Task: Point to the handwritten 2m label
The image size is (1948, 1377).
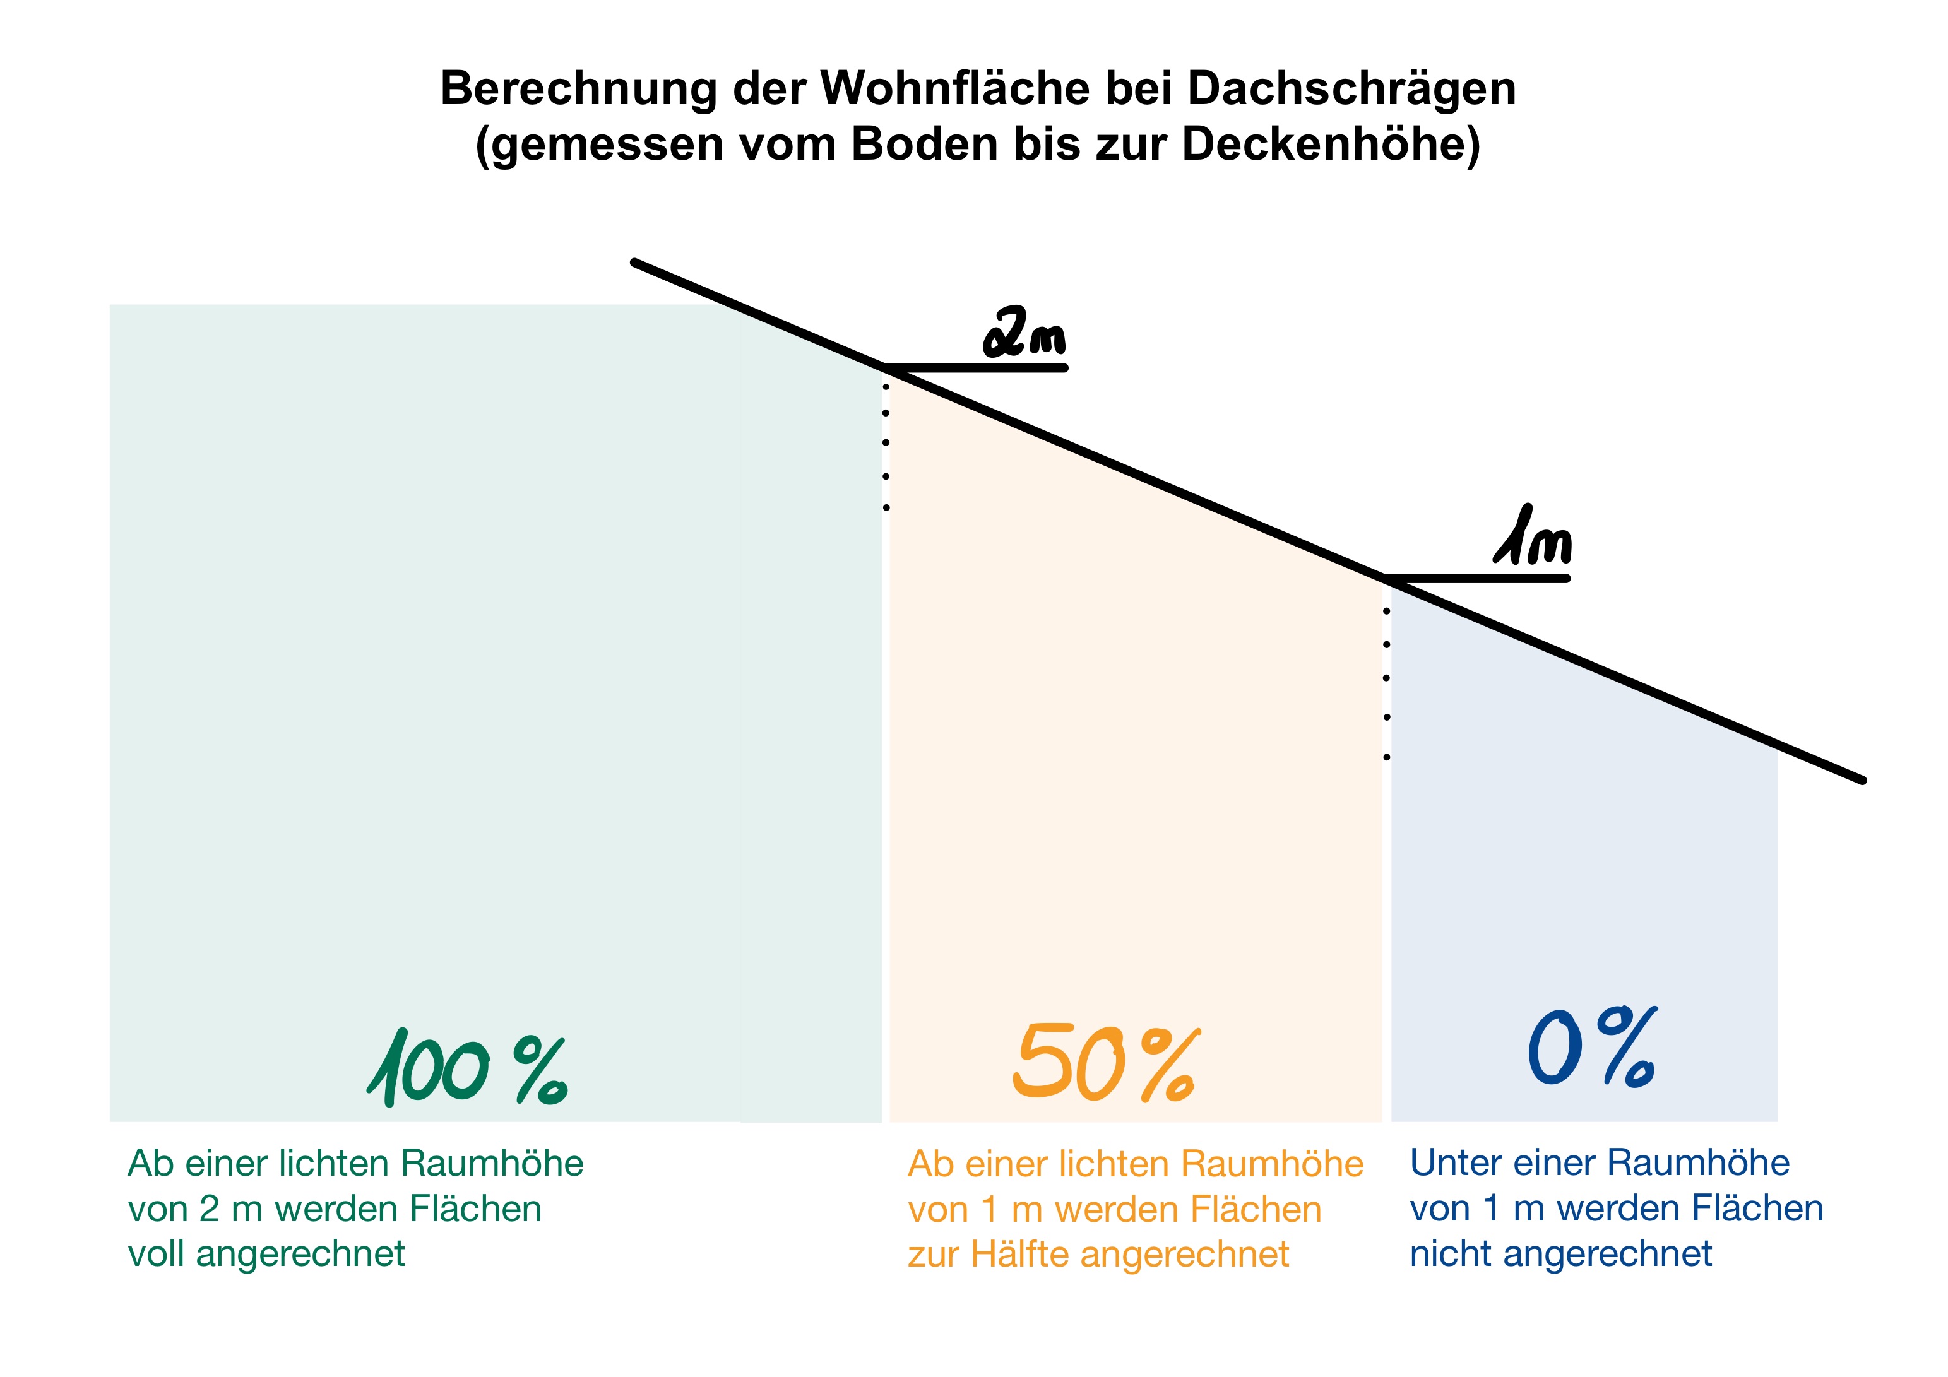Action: click(x=1024, y=333)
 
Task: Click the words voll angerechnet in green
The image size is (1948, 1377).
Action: click(x=266, y=1254)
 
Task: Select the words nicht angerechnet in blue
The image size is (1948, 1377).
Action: click(x=1561, y=1254)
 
